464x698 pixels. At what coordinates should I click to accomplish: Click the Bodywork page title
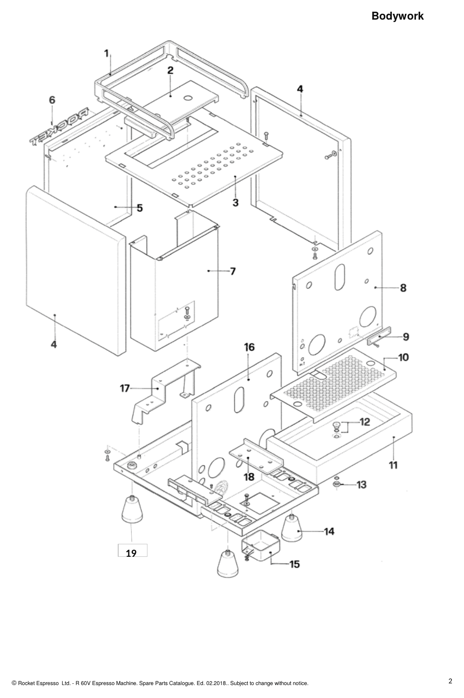point(397,16)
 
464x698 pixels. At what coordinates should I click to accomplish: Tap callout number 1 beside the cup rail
point(106,53)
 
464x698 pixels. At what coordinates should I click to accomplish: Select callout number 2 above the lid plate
point(170,70)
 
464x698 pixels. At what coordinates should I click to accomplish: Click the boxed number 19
point(131,553)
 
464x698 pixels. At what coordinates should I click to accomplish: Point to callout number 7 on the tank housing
point(233,272)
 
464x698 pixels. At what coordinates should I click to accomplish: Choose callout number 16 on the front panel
point(249,347)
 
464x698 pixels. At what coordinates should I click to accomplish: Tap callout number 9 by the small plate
point(406,337)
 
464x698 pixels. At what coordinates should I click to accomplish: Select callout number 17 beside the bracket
point(124,388)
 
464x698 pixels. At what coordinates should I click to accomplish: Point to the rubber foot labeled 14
point(292,528)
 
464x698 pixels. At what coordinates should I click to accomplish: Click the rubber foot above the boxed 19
point(132,509)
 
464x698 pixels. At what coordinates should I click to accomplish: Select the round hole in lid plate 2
point(188,98)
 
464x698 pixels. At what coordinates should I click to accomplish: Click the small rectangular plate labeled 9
point(379,337)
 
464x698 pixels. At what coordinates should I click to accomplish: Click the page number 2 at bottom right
point(450,681)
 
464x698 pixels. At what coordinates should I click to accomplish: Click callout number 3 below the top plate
point(236,203)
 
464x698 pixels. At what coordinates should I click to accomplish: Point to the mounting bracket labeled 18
point(256,456)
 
